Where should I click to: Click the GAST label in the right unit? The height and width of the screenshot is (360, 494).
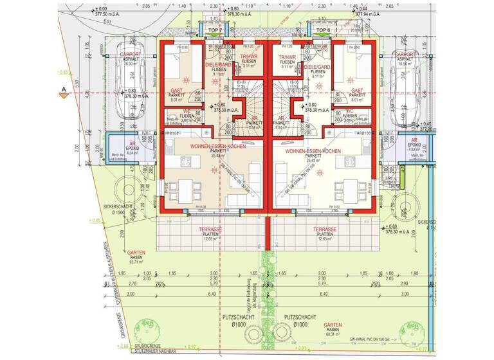(358, 91)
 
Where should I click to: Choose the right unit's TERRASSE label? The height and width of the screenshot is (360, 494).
(325, 229)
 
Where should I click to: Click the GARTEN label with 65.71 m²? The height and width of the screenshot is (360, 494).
(136, 253)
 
